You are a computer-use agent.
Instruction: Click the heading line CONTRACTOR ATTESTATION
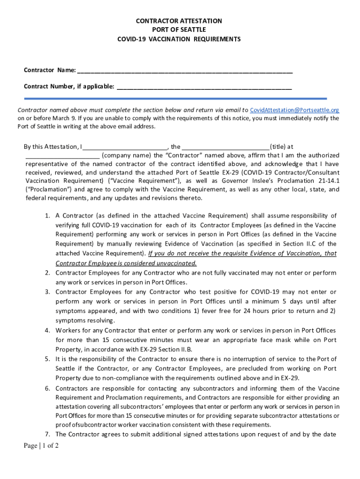(x=179, y=21)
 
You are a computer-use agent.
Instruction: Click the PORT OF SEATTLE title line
(x=179, y=30)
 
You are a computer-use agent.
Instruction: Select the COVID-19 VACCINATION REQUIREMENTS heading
(x=179, y=39)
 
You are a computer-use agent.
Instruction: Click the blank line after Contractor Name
(x=185, y=71)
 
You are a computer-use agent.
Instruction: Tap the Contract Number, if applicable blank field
(x=204, y=87)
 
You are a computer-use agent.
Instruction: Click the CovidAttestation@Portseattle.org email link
(x=295, y=110)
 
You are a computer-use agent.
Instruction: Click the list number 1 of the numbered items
(x=48, y=216)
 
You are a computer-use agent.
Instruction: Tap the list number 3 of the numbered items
(x=48, y=292)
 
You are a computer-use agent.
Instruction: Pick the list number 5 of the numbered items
(x=48, y=359)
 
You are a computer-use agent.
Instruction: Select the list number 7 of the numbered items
(x=48, y=434)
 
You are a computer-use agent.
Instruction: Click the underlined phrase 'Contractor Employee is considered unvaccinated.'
(x=126, y=263)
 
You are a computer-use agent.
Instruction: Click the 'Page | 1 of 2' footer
(x=41, y=446)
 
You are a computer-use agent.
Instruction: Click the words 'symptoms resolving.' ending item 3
(x=85, y=320)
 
